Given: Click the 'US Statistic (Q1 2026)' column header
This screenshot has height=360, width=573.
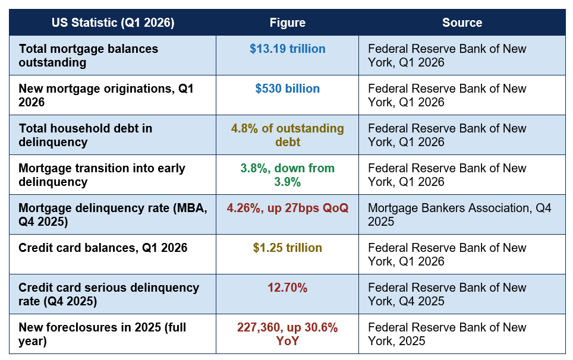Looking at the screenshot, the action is click(x=113, y=23).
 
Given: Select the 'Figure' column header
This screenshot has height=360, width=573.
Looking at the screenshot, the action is click(x=288, y=23).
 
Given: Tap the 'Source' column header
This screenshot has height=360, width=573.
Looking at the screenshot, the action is click(x=462, y=23).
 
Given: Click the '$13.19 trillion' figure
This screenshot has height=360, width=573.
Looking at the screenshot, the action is click(x=288, y=49).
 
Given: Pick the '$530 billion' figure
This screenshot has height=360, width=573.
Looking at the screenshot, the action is click(x=288, y=89).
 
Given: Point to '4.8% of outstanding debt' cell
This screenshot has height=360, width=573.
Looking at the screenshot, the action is click(x=288, y=135).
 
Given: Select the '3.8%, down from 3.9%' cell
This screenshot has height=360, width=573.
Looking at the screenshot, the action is click(x=288, y=175).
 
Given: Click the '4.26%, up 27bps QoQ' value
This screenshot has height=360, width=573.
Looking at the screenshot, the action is click(x=288, y=208).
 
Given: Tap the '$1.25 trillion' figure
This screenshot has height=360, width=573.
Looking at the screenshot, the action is click(x=288, y=248).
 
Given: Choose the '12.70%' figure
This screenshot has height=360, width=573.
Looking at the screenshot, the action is click(x=288, y=288).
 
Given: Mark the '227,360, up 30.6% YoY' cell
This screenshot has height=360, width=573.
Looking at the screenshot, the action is click(x=288, y=334).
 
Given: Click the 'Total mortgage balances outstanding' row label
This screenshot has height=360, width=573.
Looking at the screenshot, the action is click(x=89, y=55).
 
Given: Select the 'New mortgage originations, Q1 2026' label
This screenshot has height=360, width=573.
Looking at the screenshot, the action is click(x=106, y=95).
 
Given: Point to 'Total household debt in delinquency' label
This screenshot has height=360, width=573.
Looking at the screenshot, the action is click(x=86, y=135).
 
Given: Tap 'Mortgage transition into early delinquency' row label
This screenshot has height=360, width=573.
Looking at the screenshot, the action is click(x=102, y=175).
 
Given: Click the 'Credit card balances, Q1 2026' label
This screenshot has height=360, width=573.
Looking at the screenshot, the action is click(x=103, y=248).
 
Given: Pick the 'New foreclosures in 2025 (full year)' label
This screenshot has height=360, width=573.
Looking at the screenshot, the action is click(x=102, y=334).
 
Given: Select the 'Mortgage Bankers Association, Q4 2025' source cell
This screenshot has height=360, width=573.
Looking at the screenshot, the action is click(x=459, y=214).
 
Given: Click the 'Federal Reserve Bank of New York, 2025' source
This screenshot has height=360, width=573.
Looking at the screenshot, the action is click(x=448, y=334).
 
